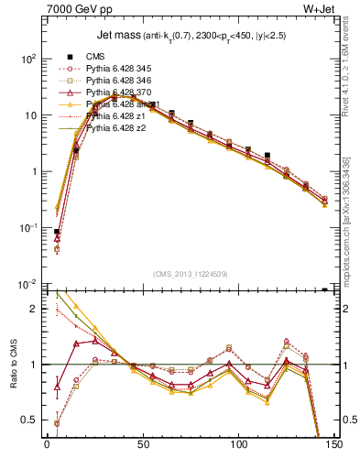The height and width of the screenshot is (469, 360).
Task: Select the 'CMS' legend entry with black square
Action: (94, 56)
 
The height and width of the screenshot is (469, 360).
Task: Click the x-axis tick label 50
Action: (143, 450)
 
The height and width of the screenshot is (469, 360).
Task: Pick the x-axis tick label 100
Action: (238, 450)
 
